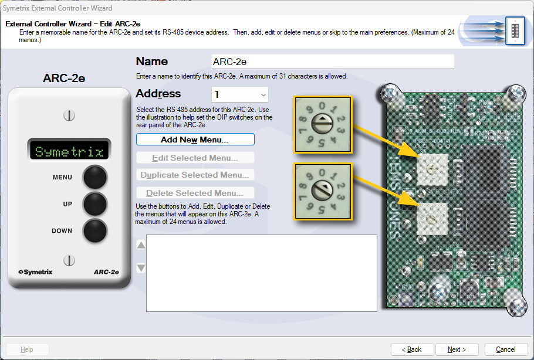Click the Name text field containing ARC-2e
coord(332,62)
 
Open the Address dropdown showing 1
coord(239,94)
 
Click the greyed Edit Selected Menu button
coord(195,158)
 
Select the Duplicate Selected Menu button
coord(195,175)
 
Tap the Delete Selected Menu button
coord(195,193)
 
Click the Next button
coord(456,349)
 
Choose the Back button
coord(411,349)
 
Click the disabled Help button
coord(26,349)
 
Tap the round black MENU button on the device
coord(95,176)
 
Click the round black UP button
coord(95,203)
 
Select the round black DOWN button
coord(95,230)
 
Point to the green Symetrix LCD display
coord(69,151)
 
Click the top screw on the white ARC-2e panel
coord(69,115)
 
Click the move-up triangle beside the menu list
coord(141,244)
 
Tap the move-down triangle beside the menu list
coord(141,268)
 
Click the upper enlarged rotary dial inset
coord(323,125)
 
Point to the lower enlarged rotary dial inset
coord(323,191)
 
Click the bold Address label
coord(158,94)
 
